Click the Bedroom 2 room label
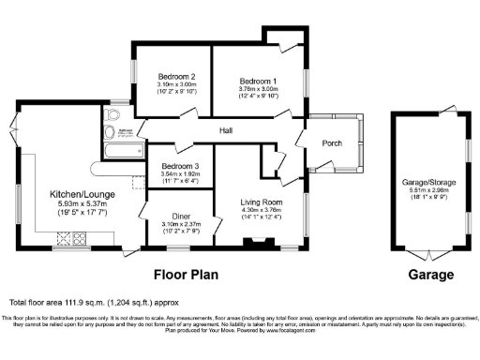pyautogui.click(x=176, y=76)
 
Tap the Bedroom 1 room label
pyautogui.click(x=256, y=82)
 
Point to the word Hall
pyautogui.click(x=227, y=131)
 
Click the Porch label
pyautogui.click(x=331, y=143)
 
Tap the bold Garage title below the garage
pyautogui.click(x=430, y=276)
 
